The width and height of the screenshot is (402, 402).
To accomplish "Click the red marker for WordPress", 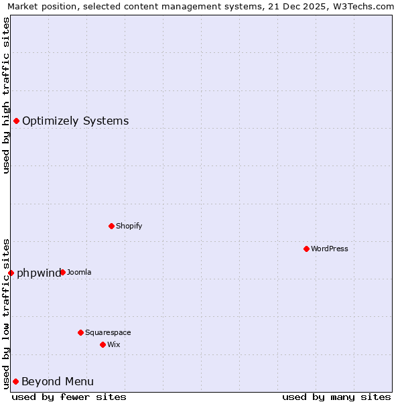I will click(306, 249).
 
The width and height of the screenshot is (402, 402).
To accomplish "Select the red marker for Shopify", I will click(111, 226).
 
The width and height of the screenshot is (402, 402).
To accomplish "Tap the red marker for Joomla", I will click(62, 272).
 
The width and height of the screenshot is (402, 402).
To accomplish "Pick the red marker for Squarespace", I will click(80, 332).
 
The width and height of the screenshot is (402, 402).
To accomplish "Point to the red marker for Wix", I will click(103, 344).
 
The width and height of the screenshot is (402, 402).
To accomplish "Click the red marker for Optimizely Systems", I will click(16, 121).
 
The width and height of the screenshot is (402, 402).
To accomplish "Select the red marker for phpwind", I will click(11, 273).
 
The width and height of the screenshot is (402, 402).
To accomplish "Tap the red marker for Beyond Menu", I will click(15, 381).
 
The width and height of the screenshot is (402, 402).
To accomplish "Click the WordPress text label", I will click(330, 249).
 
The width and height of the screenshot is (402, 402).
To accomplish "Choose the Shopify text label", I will click(129, 226).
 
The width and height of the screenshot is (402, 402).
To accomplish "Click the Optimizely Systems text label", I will click(75, 121).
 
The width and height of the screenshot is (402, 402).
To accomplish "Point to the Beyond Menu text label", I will click(58, 381).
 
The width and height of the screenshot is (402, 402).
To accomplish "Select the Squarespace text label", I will click(108, 332).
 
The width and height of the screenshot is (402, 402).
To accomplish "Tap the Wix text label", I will click(113, 344).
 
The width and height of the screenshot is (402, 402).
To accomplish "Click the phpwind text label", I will click(38, 273).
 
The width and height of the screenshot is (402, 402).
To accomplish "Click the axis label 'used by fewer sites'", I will click(69, 397).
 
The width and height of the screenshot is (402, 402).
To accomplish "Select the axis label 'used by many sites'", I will click(336, 397).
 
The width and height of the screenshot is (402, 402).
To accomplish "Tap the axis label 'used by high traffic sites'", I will click(6, 95).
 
